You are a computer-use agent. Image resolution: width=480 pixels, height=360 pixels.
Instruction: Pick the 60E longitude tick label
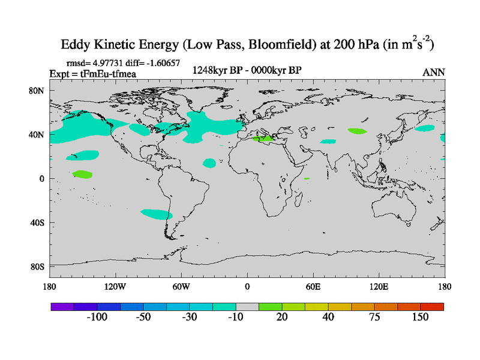[x=313, y=286]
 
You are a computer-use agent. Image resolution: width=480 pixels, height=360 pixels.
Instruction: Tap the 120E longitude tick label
[x=379, y=286]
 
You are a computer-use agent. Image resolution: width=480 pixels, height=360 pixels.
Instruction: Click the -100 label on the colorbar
[x=97, y=317]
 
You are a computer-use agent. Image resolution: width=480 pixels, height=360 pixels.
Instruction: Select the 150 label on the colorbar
[x=420, y=317]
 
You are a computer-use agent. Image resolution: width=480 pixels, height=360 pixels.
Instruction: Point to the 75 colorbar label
[x=374, y=317]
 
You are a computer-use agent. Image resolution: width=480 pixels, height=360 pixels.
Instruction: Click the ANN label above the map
[x=434, y=72]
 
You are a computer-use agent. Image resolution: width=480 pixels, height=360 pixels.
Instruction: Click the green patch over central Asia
[x=356, y=130]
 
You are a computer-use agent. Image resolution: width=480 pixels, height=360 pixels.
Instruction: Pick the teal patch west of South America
[x=157, y=214]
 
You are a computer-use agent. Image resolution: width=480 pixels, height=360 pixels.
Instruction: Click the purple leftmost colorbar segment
[x=62, y=307]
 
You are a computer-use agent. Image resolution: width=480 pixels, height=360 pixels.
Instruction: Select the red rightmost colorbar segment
[x=432, y=307]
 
